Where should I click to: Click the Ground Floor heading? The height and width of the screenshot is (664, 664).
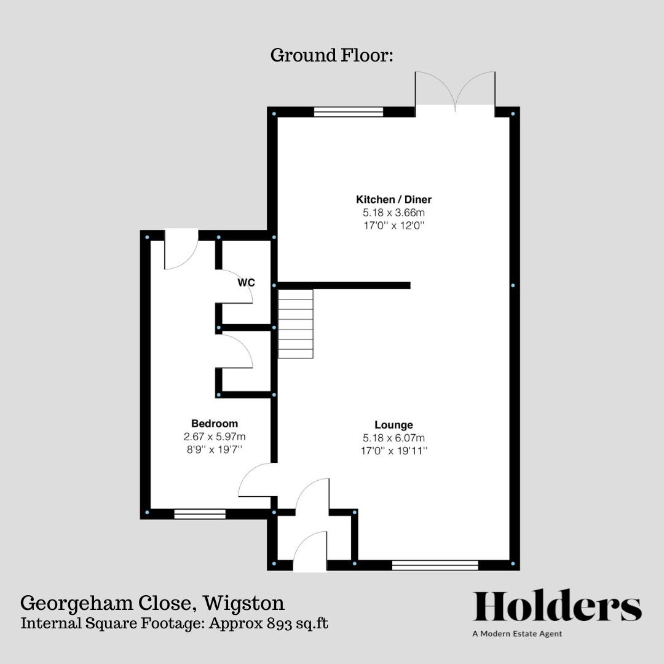point(331,55)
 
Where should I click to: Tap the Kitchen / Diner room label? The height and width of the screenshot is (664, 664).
point(393,199)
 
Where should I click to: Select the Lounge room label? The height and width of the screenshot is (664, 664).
point(393,425)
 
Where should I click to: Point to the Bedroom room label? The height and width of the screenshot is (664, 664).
point(215,424)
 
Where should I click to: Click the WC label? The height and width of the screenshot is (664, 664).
point(247,283)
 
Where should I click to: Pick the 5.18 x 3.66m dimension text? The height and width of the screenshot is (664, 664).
point(393,213)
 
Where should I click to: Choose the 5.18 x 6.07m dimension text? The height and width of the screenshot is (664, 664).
point(393,438)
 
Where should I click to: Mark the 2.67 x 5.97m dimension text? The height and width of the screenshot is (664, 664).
point(215,437)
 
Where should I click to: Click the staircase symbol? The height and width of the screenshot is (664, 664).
point(296,324)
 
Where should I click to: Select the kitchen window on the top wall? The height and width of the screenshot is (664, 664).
point(349,112)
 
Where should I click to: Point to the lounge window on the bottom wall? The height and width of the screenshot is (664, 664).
point(435,565)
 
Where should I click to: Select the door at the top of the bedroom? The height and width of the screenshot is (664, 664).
point(181,249)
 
